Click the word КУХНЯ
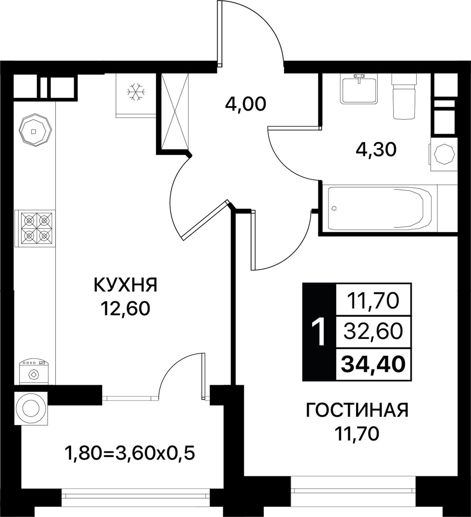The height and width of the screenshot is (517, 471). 125,285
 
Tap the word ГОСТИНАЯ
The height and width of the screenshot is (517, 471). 357,410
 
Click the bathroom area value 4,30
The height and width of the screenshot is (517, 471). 376,150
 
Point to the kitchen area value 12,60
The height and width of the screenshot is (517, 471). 125,309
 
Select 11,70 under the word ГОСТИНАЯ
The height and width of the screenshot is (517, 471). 357,433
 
